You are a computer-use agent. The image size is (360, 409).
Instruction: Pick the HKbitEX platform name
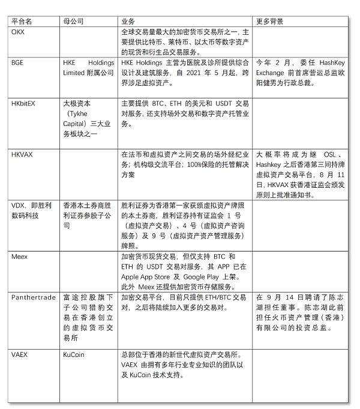pyautogui.click(x=24, y=103)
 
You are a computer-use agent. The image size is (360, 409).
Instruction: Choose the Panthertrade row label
pyautogui.click(x=34, y=297)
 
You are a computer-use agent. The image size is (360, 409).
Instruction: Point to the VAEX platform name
pyautogui.click(x=20, y=354)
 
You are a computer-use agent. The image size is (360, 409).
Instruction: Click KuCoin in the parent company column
pyautogui.click(x=73, y=354)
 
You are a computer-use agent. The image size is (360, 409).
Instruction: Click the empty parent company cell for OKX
pyautogui.click(x=88, y=41)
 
